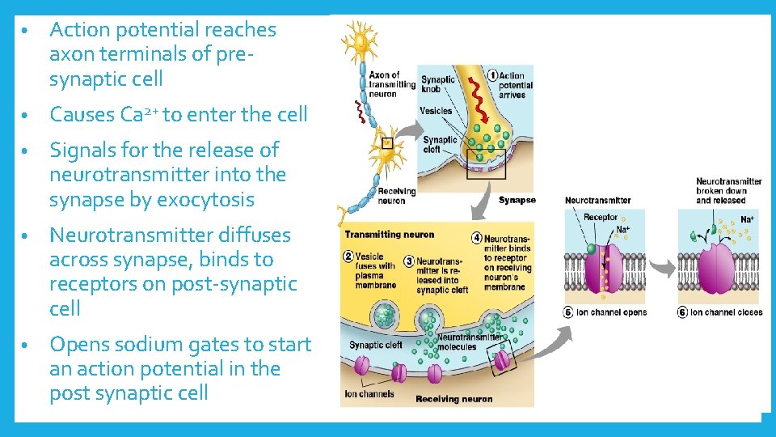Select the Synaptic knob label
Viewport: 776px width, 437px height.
(438, 84)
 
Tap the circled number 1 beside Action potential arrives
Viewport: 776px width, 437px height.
(491, 75)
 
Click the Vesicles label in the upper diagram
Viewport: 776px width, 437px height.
(436, 111)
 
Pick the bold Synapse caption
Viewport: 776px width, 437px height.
(517, 200)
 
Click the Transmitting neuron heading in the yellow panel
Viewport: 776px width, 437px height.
(389, 235)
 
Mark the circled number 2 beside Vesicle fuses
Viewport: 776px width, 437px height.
(349, 257)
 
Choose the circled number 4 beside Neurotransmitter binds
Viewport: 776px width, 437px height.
(477, 239)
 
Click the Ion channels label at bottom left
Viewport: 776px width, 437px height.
(369, 394)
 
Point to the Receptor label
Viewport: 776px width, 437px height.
(600, 217)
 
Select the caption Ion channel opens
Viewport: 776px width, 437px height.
(610, 312)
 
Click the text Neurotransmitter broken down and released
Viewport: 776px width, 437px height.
(728, 191)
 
